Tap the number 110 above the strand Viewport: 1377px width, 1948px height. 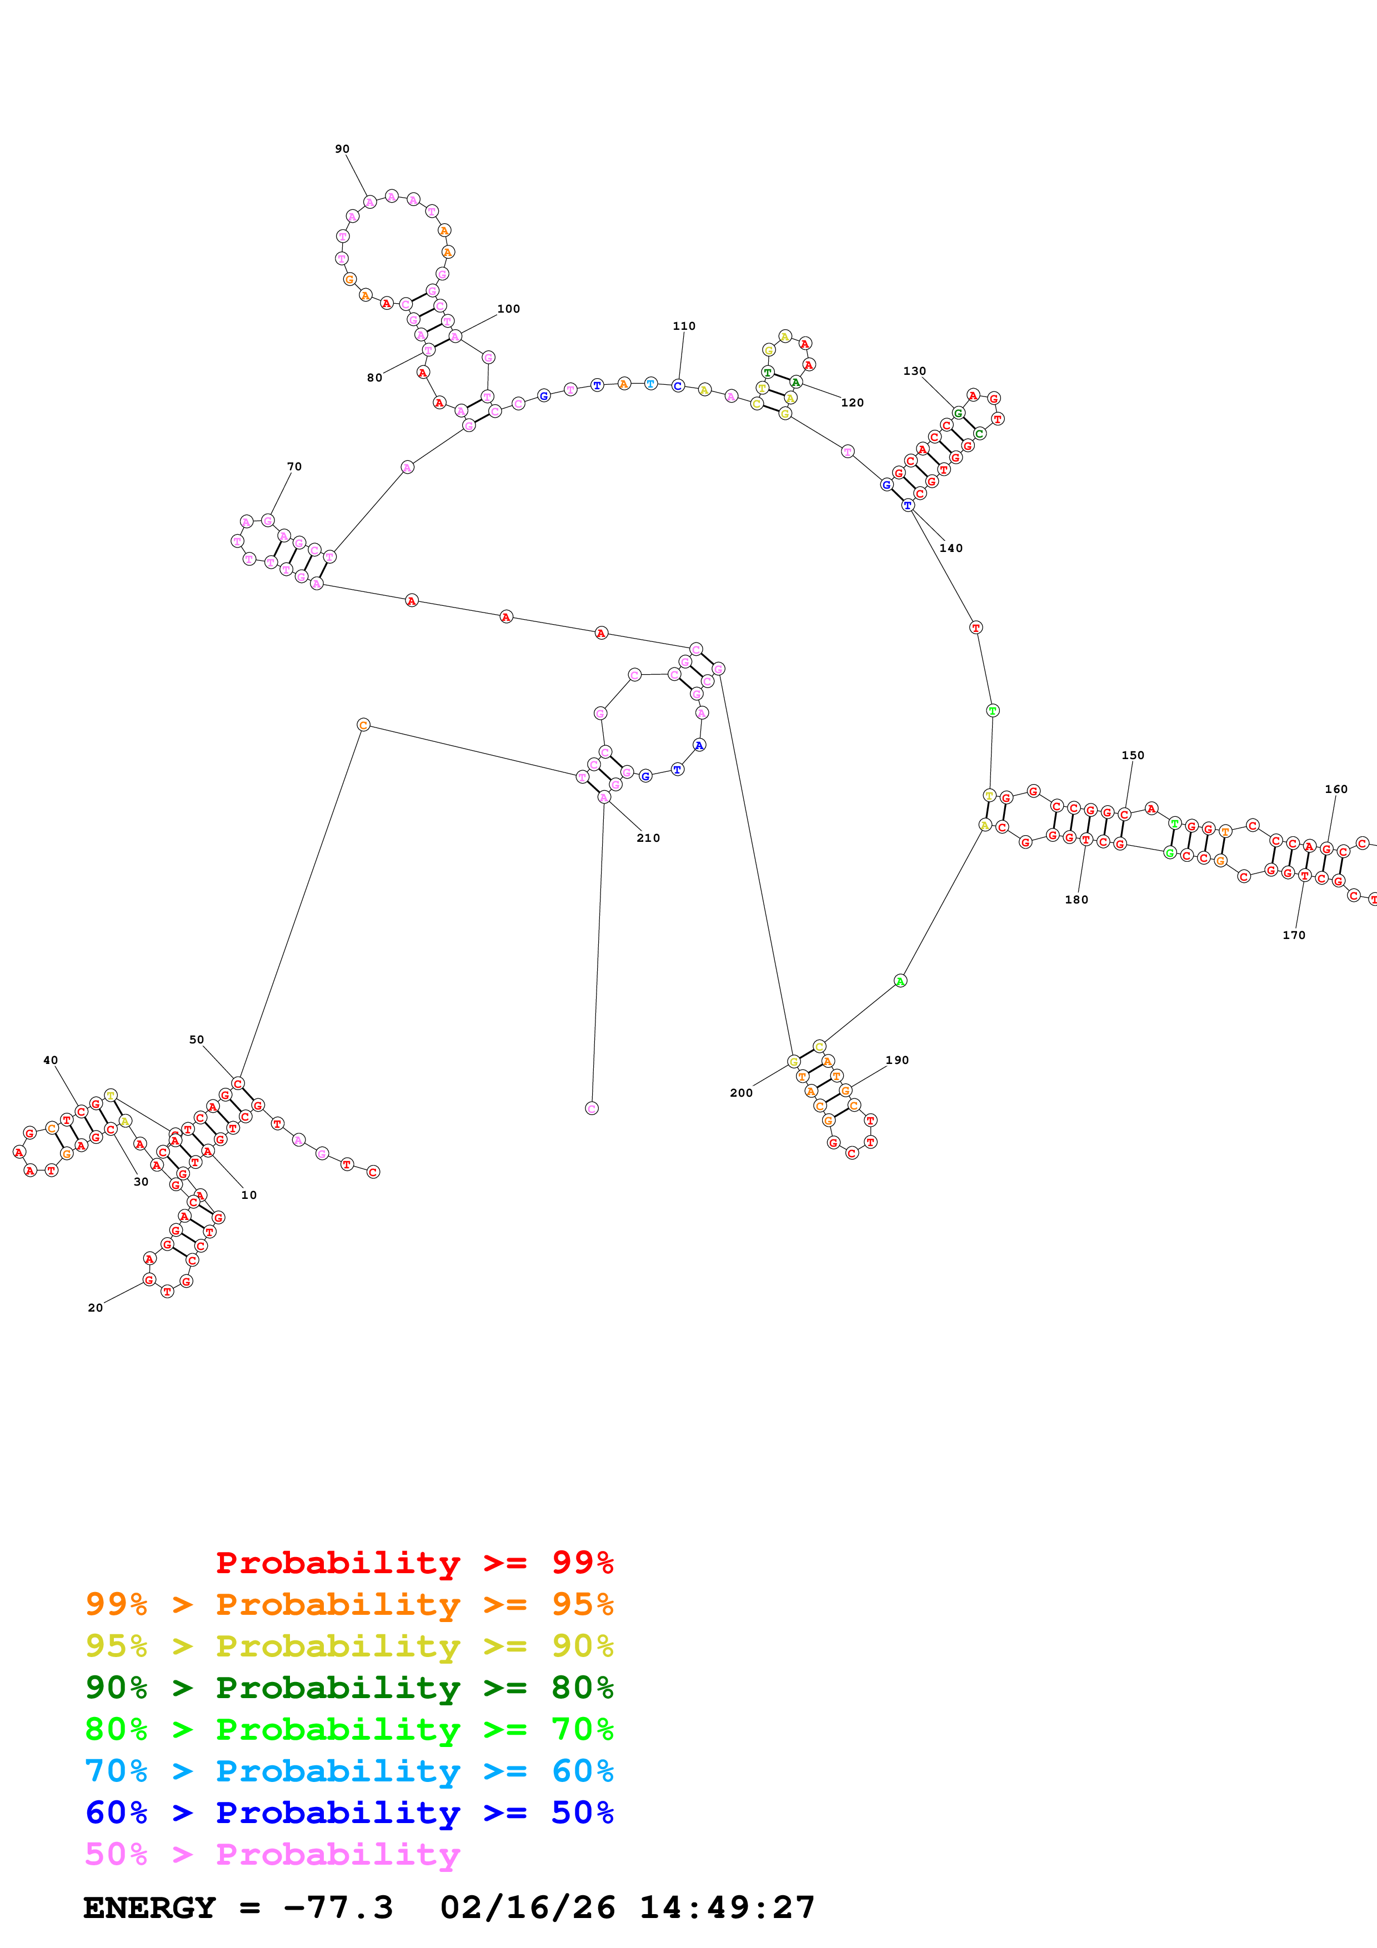coord(684,327)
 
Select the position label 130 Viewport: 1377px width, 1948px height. coord(915,371)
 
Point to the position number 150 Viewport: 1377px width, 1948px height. coord(1133,756)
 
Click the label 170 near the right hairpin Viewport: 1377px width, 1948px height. coord(1294,936)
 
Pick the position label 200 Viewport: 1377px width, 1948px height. coord(740,1093)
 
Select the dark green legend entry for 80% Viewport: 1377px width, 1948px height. coord(349,1688)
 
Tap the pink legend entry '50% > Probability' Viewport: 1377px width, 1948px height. coord(272,1854)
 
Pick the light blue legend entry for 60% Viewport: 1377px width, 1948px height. coord(349,1771)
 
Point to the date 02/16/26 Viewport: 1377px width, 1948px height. coord(528,1907)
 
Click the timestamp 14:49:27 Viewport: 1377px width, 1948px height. coord(727,1907)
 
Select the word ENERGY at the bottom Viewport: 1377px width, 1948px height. coord(149,1907)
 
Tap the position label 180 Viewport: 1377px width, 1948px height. coord(1076,900)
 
